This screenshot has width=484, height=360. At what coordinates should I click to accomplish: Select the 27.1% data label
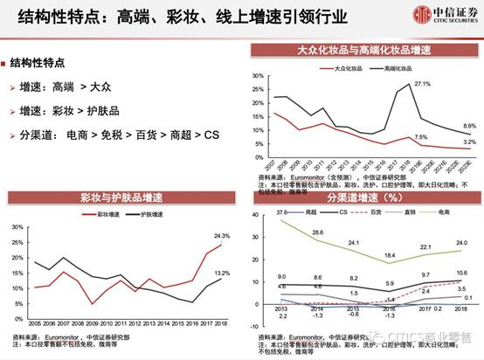click(422, 84)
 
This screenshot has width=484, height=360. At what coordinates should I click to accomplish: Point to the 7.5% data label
click(420, 137)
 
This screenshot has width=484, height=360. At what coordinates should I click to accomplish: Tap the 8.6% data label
click(468, 127)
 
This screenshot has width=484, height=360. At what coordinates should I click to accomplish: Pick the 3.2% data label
click(468, 141)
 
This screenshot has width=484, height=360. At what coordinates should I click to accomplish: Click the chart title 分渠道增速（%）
click(362, 197)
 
